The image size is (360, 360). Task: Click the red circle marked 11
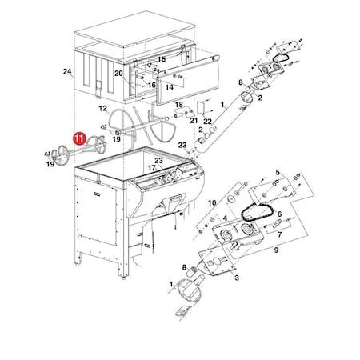(80, 138)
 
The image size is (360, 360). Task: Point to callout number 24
(67, 71)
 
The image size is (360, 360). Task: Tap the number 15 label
(162, 59)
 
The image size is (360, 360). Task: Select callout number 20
(118, 74)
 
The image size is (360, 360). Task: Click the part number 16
(151, 85)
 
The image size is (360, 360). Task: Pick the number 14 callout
(170, 87)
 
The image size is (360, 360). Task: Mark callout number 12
(102, 109)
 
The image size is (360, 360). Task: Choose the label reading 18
(179, 104)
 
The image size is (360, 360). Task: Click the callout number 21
(194, 121)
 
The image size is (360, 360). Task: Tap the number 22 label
(207, 122)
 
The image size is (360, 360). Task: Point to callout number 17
(151, 168)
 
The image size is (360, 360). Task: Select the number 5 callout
(278, 172)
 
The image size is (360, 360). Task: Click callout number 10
(212, 203)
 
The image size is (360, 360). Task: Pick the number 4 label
(225, 218)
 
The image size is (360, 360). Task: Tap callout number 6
(279, 214)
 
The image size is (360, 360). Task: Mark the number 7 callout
(279, 234)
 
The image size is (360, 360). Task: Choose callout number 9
(276, 250)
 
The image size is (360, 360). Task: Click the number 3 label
(237, 278)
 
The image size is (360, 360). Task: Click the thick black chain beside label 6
(256, 213)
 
